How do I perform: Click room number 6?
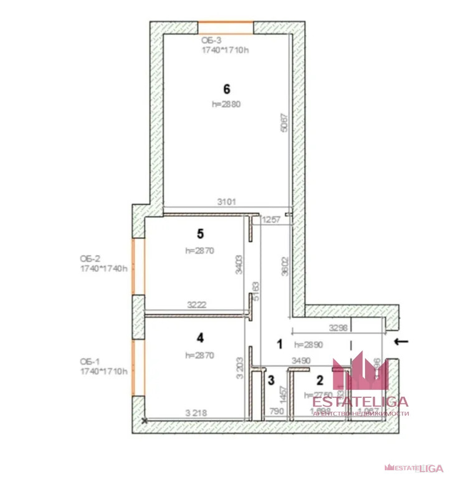[226, 89]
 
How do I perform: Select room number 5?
[200, 234]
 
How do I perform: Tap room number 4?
[199, 338]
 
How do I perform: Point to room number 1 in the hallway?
[280, 343]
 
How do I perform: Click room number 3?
[270, 379]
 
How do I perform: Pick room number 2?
[320, 379]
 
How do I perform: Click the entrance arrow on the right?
[402, 341]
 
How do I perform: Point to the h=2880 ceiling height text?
[226, 104]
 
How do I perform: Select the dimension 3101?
[226, 202]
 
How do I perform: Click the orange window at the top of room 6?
[225, 28]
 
